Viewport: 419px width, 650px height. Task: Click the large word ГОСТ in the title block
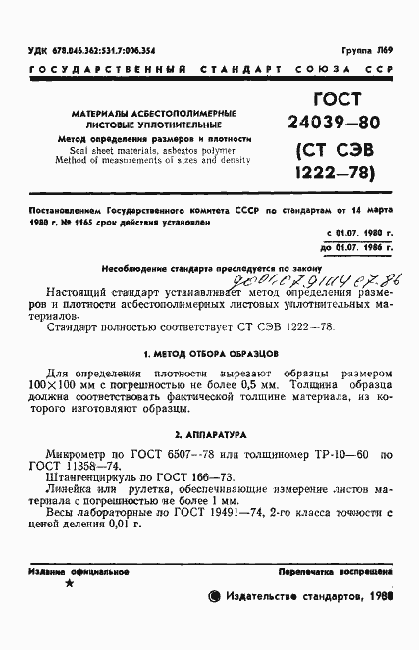pyautogui.click(x=338, y=101)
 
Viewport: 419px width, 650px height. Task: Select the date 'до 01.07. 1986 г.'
pyautogui.click(x=358, y=246)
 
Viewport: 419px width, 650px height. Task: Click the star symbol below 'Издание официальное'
pyautogui.click(x=68, y=584)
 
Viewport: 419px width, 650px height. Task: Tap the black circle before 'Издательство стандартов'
pyautogui.click(x=215, y=596)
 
